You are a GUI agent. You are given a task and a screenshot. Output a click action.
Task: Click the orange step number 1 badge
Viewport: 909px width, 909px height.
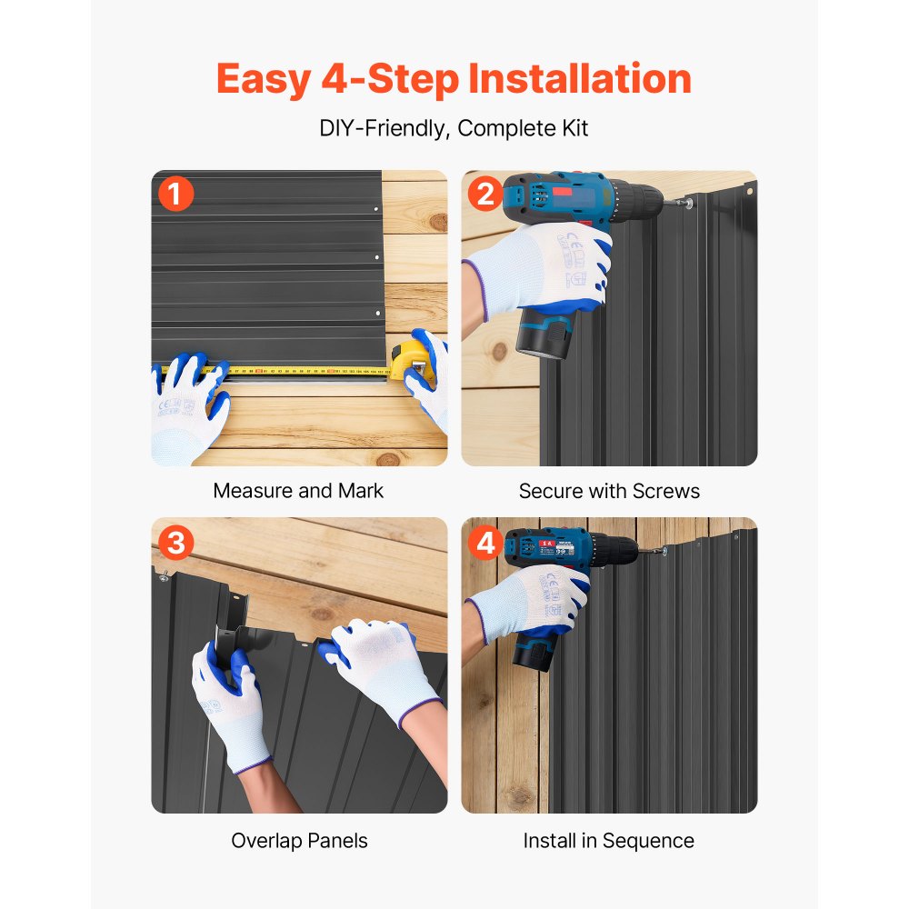[x=175, y=194]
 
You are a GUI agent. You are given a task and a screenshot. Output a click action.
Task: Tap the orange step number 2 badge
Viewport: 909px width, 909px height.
[x=485, y=194]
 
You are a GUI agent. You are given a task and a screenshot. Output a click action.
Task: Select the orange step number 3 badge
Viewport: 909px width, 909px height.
[x=175, y=543]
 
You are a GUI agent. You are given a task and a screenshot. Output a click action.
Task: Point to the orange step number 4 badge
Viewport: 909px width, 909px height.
[x=485, y=543]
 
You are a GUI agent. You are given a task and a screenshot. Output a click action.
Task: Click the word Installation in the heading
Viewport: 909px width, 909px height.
[x=580, y=78]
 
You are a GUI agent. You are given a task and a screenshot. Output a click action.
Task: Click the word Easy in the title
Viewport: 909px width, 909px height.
[x=264, y=80]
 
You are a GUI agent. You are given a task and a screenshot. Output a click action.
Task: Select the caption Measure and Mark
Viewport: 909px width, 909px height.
[x=298, y=491]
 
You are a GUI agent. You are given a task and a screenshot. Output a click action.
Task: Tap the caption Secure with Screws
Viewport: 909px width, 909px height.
[x=609, y=491]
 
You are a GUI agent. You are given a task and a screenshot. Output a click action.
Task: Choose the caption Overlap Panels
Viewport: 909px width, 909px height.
[x=299, y=841]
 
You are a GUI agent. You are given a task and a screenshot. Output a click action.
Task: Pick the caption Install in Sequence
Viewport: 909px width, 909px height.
[x=609, y=841]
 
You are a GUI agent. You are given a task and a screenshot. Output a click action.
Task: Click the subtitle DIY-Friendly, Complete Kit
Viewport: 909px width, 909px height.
[x=454, y=128]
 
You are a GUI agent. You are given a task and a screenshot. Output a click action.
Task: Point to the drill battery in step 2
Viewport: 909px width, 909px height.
[x=544, y=333]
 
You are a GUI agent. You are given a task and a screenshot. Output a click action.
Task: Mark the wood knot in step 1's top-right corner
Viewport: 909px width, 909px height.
[x=438, y=222]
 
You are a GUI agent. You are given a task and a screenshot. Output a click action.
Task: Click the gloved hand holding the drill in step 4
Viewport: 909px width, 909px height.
[x=531, y=603]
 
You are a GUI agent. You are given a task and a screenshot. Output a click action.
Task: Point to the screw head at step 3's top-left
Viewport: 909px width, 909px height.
[x=164, y=575]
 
